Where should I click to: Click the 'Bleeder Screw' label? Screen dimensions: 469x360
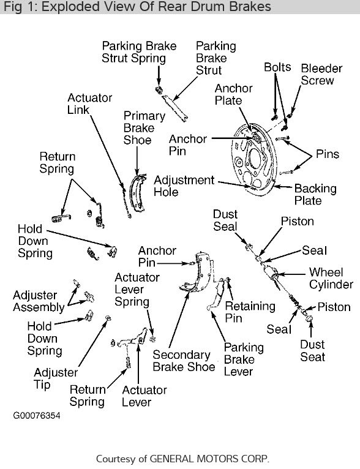[317, 73]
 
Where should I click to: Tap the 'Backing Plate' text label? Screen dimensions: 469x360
[315, 195]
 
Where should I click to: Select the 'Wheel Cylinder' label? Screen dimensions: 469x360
[331, 278]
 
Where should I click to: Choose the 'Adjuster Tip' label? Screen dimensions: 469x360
[56, 378]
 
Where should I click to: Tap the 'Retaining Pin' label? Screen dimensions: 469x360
[242, 312]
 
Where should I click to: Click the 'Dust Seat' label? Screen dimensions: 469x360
[313, 351]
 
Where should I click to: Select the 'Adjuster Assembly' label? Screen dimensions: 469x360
[39, 301]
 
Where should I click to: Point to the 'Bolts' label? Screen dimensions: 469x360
[277, 67]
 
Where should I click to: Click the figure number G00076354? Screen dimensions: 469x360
[37, 415]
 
